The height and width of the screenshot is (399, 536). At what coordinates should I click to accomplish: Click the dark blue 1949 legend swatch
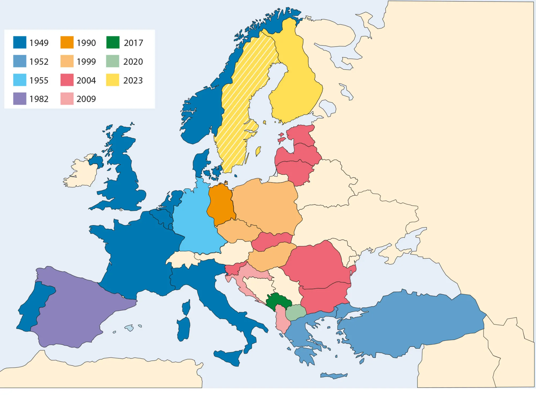point(20,42)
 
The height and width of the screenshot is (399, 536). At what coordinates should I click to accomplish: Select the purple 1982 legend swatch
point(20,98)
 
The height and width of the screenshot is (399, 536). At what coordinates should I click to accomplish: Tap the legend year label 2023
point(133,80)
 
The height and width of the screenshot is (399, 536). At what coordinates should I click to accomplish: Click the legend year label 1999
point(86,62)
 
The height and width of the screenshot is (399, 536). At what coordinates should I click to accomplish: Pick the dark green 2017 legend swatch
point(113,42)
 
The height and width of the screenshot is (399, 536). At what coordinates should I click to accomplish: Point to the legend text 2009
point(86,99)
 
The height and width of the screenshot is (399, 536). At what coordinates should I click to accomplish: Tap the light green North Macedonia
point(296,312)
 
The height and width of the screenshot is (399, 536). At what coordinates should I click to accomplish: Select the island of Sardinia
point(184,329)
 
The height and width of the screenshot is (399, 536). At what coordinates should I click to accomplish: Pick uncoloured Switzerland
point(182,259)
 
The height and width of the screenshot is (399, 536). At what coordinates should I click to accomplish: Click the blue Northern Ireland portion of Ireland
point(96,161)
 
